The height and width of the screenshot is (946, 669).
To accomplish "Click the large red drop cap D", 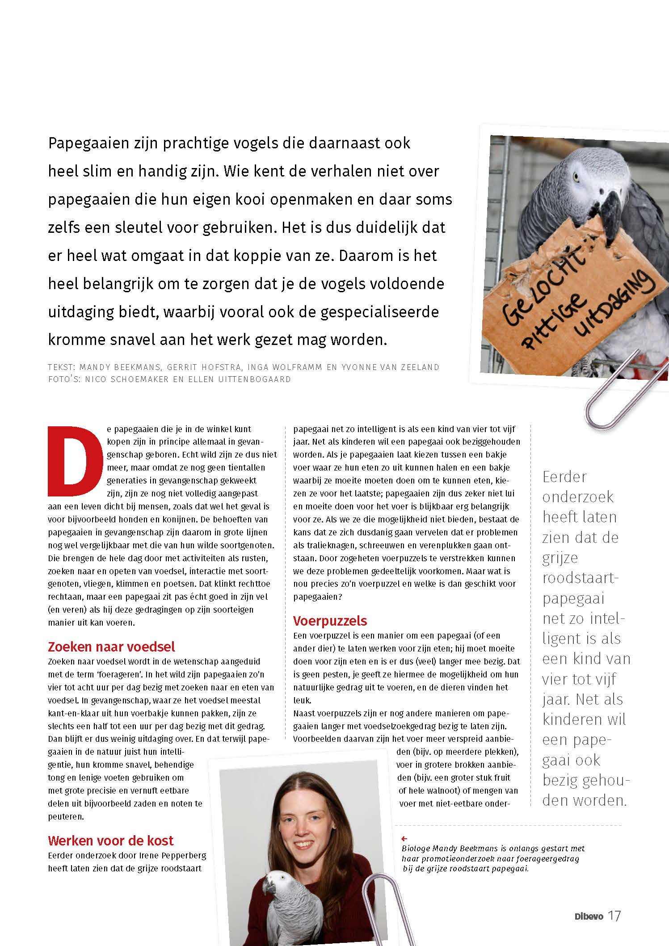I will point(72,461).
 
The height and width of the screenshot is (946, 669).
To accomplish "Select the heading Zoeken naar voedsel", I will point(111,646).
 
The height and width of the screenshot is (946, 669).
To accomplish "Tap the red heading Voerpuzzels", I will point(330,620).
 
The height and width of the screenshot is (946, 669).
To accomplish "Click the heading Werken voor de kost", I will point(110,840).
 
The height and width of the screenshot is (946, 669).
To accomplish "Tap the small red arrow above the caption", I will point(404,839).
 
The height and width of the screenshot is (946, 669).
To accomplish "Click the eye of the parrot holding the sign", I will point(576,177).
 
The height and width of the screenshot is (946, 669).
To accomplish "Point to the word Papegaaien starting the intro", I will point(92,143).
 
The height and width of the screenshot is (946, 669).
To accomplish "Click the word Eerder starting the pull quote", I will point(564,476).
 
